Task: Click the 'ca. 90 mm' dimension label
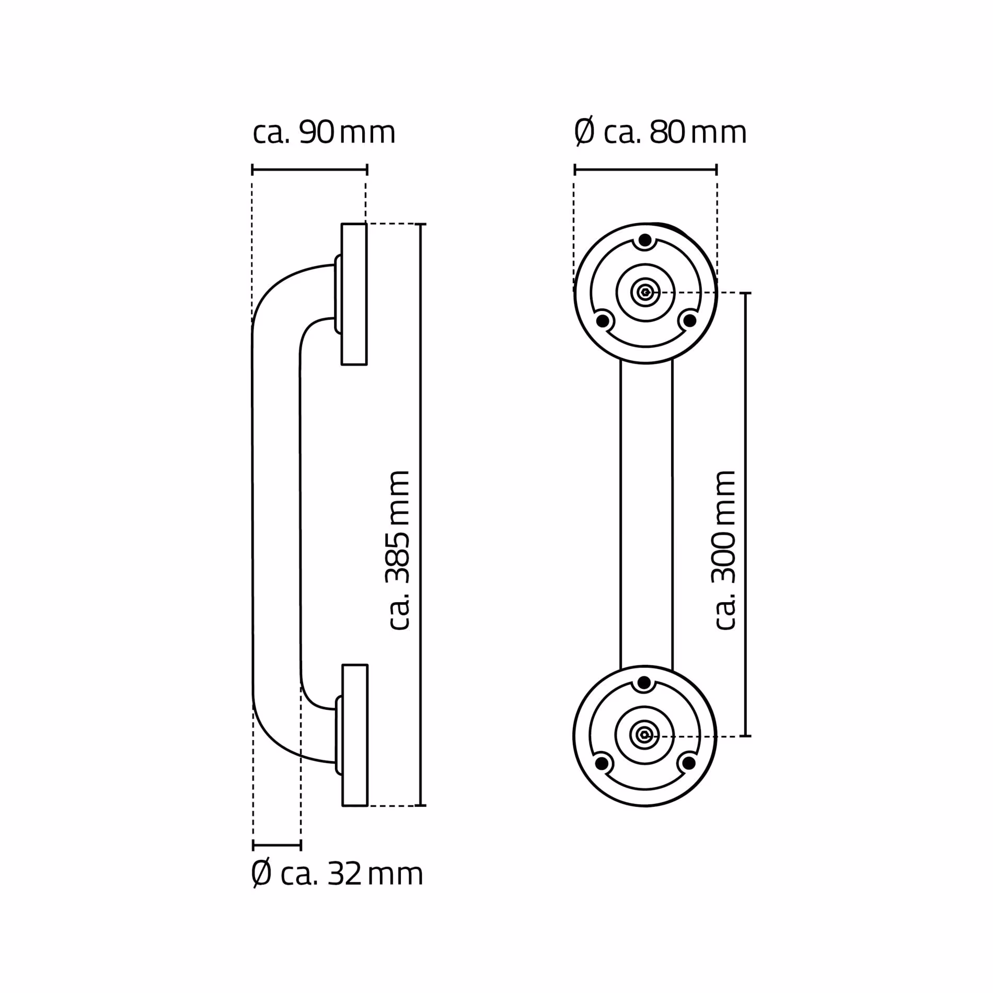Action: (324, 133)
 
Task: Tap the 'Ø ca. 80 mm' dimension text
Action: (660, 133)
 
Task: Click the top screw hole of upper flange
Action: (645, 241)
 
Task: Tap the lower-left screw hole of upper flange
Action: (603, 320)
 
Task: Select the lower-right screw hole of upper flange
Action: (690, 320)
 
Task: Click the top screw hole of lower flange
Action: (644, 683)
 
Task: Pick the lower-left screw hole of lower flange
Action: (602, 764)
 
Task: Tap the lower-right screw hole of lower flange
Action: (689, 764)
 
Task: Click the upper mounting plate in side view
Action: (354, 294)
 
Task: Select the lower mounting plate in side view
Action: (355, 735)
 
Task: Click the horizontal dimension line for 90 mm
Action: (309, 169)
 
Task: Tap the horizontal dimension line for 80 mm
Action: (645, 169)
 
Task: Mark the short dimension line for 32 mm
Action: (277, 845)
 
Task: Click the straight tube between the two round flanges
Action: (646, 515)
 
